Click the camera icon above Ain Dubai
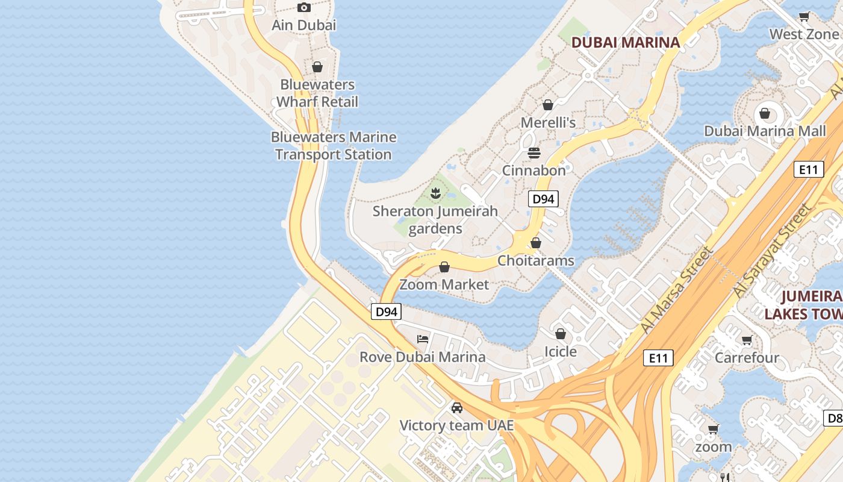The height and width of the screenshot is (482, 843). coord(304,8)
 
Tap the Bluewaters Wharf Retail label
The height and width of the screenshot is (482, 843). coord(317,93)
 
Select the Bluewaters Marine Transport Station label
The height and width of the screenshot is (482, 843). coord(334,146)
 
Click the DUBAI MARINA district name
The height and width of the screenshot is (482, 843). coord(625,42)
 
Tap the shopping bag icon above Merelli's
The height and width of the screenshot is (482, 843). coord(548,105)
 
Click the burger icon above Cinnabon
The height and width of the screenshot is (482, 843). coord(534,153)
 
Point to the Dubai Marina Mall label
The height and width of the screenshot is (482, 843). coord(765,131)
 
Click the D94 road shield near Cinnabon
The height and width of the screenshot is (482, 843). coord(543,199)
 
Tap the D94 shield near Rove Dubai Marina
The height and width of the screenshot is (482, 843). coord(386,311)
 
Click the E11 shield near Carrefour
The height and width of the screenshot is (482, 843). coord(658,358)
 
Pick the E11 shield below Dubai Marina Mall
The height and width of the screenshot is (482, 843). coord(808,169)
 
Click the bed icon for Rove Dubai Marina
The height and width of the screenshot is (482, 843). coord(423,339)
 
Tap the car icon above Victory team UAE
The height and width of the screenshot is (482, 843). coord(457,408)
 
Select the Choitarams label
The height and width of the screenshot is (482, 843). coord(535,261)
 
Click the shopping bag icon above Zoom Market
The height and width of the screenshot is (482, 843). coord(444,267)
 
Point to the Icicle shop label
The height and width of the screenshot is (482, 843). coord(561,351)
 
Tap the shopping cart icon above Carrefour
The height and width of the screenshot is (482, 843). coord(747,340)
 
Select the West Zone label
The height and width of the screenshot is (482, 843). coord(804,34)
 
